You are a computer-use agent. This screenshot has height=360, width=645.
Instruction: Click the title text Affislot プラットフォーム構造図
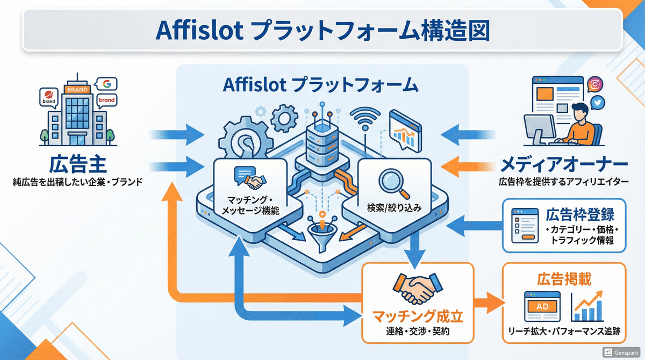[322, 31]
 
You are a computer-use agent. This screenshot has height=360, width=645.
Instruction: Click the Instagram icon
[594, 84]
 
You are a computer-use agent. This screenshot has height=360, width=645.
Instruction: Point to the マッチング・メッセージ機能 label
[250, 206]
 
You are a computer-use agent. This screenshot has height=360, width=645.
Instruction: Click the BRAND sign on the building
[75, 89]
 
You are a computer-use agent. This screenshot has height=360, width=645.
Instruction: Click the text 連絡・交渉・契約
[418, 332]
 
